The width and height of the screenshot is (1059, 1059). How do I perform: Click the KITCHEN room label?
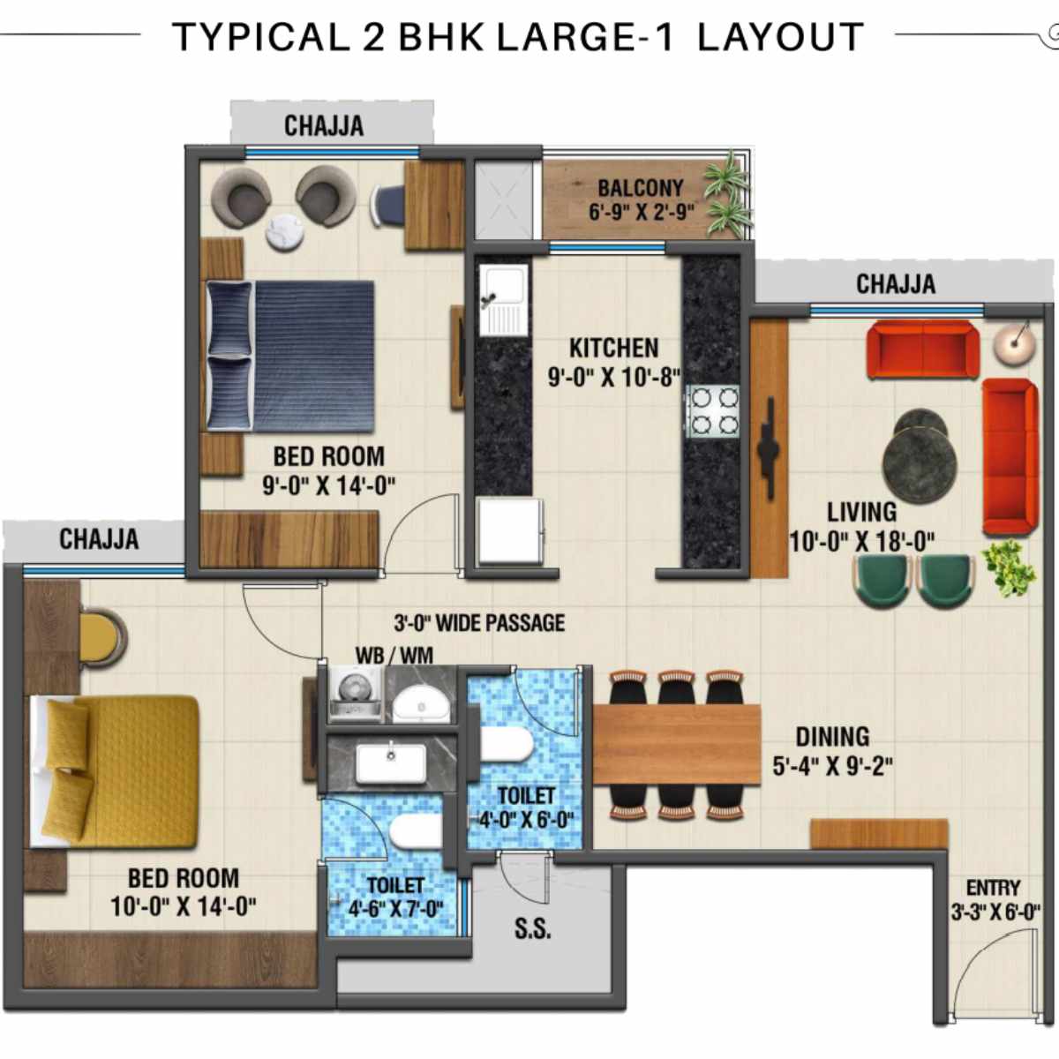613,347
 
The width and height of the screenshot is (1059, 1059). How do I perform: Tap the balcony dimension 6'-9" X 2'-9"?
642,212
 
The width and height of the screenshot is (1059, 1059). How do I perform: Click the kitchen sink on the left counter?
502,300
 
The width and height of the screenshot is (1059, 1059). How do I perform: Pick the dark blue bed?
291,356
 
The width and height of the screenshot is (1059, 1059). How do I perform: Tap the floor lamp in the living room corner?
1013,342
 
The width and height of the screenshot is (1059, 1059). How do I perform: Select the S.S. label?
532,928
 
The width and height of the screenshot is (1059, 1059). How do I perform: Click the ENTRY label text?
993,888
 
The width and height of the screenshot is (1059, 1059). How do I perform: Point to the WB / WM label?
394,656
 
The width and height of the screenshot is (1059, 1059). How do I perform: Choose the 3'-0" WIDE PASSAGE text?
479,623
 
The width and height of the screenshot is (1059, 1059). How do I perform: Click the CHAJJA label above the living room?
895,284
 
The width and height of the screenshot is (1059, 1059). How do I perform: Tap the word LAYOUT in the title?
780,38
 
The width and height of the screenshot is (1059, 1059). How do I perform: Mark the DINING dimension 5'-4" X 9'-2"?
832,766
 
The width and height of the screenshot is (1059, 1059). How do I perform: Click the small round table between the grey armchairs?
286,232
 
